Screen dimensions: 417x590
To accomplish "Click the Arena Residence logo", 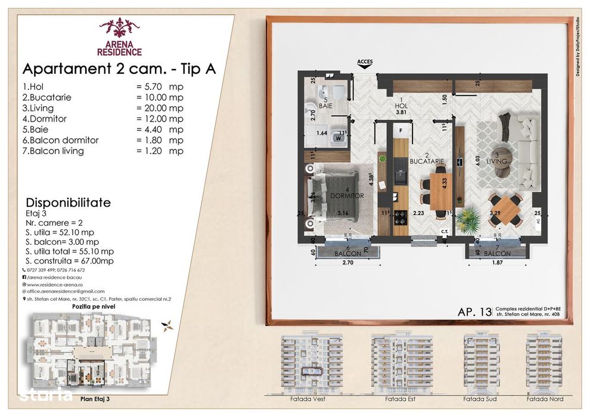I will pos(119,37).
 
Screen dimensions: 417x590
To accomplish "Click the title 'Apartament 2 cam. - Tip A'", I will pos(119,69).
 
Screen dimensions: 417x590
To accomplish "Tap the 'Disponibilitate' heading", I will pos(68,203).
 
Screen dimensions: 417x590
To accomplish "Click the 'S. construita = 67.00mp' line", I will pos(69,261).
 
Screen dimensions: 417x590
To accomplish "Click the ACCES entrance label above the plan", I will pos(364,61).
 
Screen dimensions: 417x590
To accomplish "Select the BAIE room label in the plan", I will pos(325,105).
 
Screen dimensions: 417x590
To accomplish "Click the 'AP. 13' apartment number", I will pos(475,312).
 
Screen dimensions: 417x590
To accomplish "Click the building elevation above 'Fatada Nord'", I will pos(544,360).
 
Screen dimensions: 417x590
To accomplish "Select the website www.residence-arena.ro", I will pos(57,284).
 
